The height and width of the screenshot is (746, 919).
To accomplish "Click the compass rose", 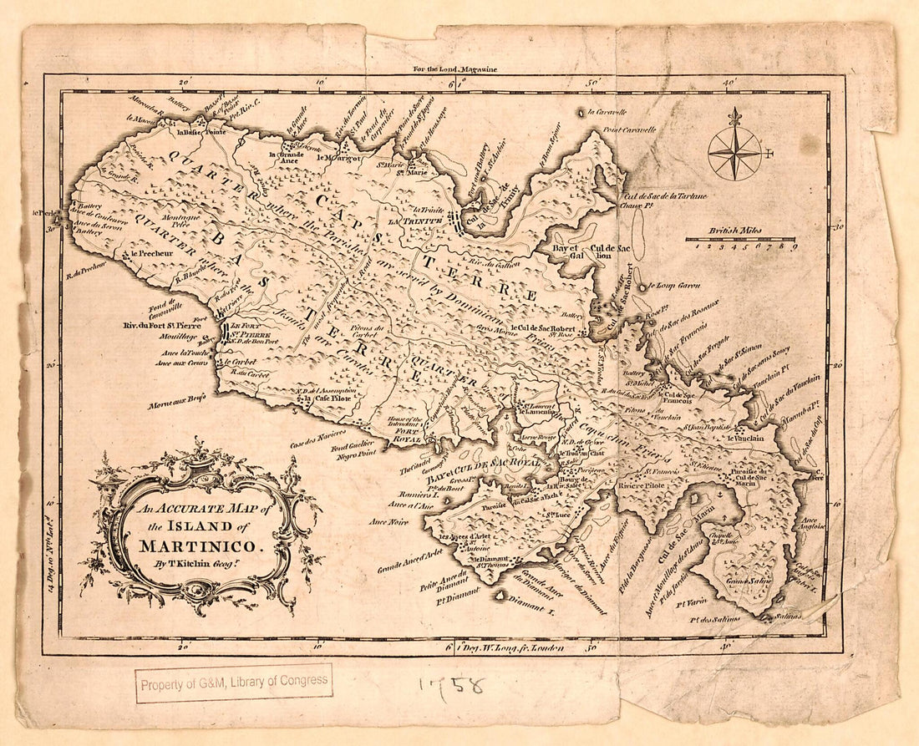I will pyautogui.click(x=735, y=153).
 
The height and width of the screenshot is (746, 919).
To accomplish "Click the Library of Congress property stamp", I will pyautogui.click(x=234, y=682).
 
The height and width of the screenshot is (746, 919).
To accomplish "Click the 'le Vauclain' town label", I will pyautogui.click(x=743, y=437).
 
